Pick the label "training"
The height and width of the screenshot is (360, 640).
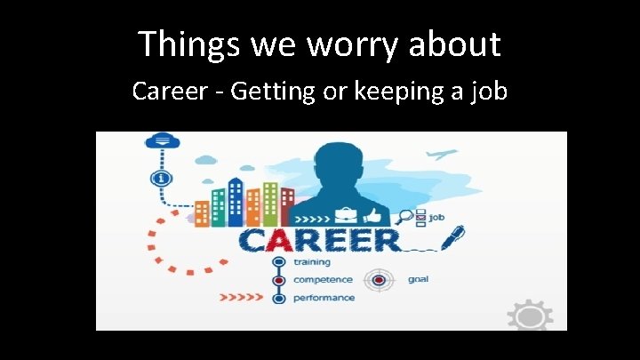point(311,262)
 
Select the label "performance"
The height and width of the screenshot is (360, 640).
point(324,298)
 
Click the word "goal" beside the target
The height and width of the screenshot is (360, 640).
point(418,279)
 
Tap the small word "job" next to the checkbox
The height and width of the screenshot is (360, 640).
point(437,216)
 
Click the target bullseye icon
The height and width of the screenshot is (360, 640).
point(380,280)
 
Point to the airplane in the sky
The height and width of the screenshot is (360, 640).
point(439,155)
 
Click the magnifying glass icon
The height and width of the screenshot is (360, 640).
point(407,214)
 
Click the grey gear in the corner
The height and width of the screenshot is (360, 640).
point(530,316)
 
